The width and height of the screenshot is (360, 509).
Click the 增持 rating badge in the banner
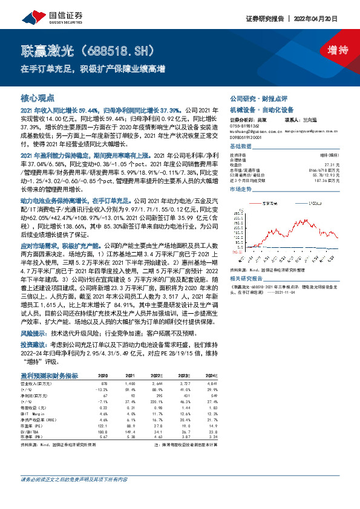pyautogui.click(x=329, y=51)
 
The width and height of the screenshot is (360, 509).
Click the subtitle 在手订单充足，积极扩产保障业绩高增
pyautogui.click(x=93, y=68)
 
